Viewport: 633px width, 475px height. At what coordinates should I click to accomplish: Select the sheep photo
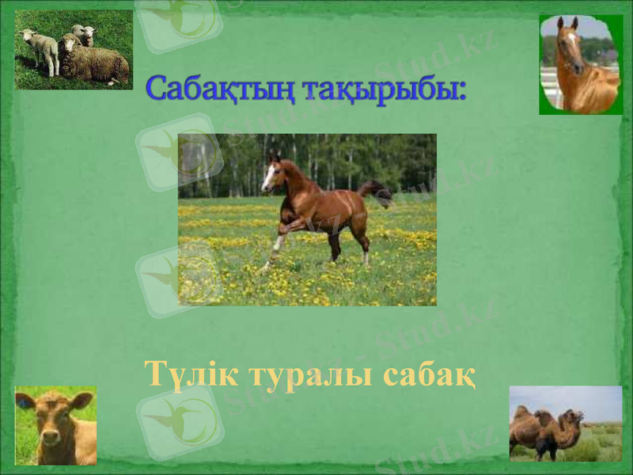tap(74, 49)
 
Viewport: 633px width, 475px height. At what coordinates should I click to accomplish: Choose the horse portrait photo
tap(581, 65)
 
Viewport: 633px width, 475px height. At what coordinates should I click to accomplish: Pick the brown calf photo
tap(55, 425)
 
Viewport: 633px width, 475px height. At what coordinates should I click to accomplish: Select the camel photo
tap(565, 424)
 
